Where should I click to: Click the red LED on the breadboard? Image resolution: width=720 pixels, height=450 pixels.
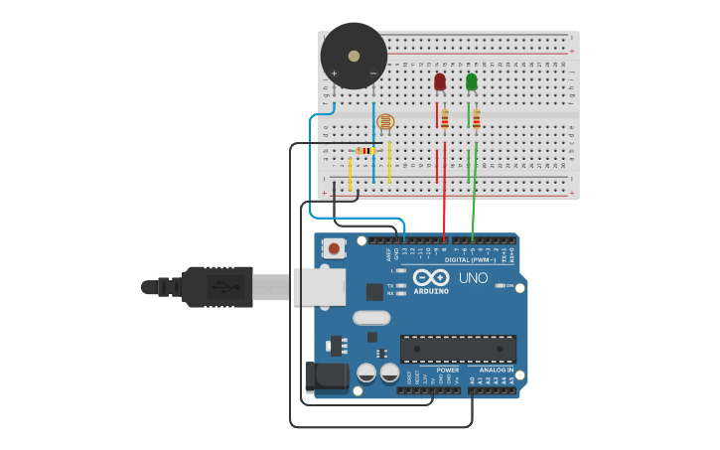[440, 81]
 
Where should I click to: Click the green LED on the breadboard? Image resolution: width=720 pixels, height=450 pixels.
[472, 81]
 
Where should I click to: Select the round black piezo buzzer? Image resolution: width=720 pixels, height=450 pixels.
[354, 56]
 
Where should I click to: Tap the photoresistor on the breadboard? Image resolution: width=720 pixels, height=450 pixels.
[385, 122]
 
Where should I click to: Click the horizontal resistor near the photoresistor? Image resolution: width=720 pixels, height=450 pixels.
[365, 151]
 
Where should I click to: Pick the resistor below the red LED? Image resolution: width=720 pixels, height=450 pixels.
[445, 119]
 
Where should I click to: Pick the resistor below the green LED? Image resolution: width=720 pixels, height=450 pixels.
[477, 119]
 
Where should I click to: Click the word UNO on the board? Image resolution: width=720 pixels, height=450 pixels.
[474, 278]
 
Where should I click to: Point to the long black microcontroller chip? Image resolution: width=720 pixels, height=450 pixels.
[458, 349]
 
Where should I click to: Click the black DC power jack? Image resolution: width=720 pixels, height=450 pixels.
[329, 375]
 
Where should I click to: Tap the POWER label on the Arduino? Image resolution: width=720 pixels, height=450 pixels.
[448, 370]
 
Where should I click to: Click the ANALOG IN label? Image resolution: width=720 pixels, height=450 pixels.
[497, 370]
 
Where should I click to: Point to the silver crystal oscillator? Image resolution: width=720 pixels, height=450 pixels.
[371, 319]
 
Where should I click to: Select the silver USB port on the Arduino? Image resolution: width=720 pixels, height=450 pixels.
[319, 286]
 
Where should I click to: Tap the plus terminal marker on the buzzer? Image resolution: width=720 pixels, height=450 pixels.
[335, 74]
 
